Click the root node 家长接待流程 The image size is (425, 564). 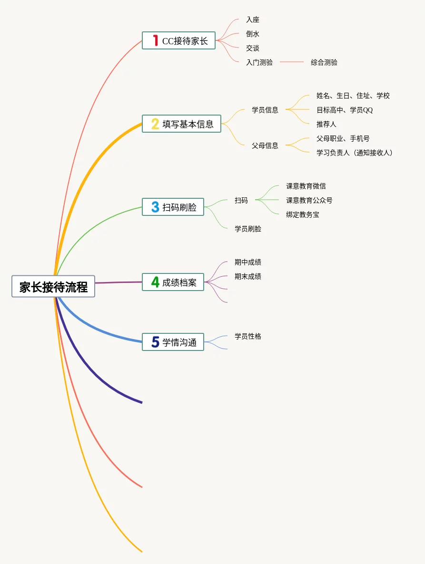[x=53, y=287]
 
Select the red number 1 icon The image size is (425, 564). [x=155, y=40]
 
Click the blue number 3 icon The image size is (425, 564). [x=155, y=207]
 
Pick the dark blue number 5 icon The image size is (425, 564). [x=155, y=342]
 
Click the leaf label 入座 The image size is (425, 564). [x=253, y=20]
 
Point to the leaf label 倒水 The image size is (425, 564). [x=253, y=34]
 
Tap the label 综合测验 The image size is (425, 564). [x=324, y=62]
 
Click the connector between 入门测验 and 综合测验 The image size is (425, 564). [x=292, y=62]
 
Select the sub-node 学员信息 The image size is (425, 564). [x=265, y=110]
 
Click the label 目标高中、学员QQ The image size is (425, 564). [x=345, y=110]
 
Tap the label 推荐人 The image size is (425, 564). [x=326, y=124]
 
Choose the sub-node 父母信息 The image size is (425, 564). [x=265, y=146]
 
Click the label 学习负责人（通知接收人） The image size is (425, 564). [x=355, y=153]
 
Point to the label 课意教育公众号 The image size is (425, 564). [x=309, y=200]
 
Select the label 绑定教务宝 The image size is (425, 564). [x=303, y=214]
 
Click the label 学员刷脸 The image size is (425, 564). [x=248, y=229]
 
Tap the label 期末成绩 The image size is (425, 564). [x=248, y=276]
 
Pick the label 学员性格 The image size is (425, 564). [x=248, y=336]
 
